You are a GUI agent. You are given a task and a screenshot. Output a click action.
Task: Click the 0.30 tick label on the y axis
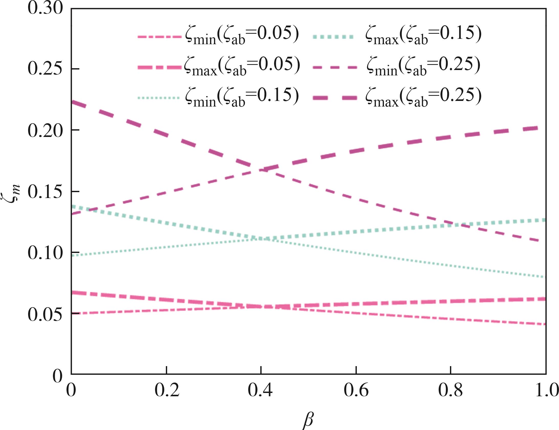pyautogui.click(x=45, y=8)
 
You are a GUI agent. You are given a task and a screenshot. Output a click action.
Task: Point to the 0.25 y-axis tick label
pyautogui.click(x=45, y=69)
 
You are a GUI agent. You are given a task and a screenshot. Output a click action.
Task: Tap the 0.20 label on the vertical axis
pyautogui.click(x=45, y=131)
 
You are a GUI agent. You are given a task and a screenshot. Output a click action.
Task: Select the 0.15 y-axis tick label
pyautogui.click(x=45, y=192)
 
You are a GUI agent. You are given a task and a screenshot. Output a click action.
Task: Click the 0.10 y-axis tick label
pyautogui.click(x=45, y=253)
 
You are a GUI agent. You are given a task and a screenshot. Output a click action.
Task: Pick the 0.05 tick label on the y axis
pyautogui.click(x=45, y=314)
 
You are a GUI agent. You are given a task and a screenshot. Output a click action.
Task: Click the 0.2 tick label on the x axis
pyautogui.click(x=167, y=390)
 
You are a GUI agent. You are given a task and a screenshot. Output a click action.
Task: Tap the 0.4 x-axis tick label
pyautogui.click(x=260, y=390)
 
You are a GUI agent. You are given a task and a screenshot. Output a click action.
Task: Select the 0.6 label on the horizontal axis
pyautogui.click(x=356, y=390)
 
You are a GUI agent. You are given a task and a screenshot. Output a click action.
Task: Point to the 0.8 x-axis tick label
pyautogui.click(x=450, y=390)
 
